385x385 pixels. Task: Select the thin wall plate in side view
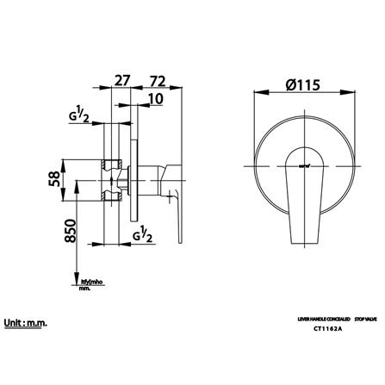tap(134, 181)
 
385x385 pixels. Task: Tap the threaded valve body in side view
tap(113, 181)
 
